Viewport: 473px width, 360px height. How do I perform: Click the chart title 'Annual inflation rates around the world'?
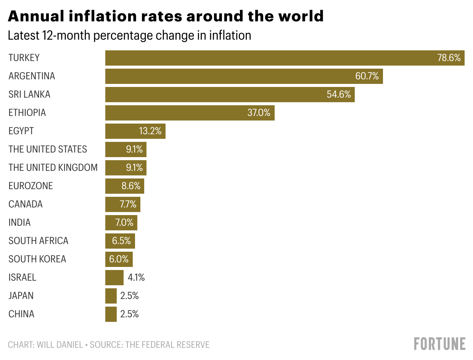pos(166,16)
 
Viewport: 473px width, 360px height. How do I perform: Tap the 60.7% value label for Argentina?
pos(367,76)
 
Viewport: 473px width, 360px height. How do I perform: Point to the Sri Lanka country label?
pos(29,94)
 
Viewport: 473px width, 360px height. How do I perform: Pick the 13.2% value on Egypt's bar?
pos(150,131)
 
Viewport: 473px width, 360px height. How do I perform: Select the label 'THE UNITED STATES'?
pos(48,149)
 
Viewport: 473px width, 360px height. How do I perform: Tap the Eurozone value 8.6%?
pos(131,186)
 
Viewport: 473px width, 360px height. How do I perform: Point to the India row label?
pos(19,222)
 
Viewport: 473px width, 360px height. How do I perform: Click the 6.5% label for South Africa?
pos(121,241)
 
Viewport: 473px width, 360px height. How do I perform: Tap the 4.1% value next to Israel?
pos(136,278)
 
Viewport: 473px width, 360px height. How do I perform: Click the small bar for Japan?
pos(111,296)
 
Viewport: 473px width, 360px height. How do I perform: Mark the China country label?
pos(21,314)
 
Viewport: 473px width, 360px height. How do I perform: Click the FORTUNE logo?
pos(439,344)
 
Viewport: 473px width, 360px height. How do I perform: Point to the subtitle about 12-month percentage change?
pos(129,35)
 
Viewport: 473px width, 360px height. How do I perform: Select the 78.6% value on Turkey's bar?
pos(449,58)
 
